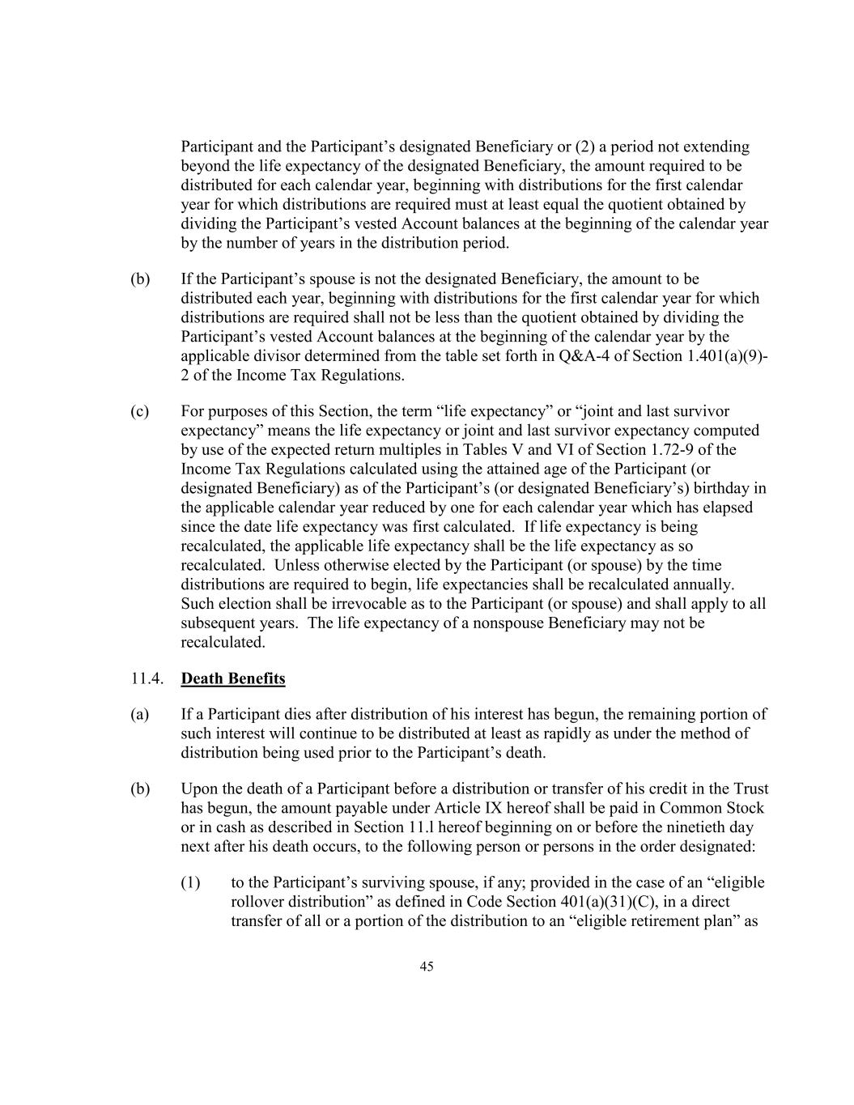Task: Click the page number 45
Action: [427, 966]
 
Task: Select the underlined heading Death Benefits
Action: [233, 678]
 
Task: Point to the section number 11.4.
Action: [147, 678]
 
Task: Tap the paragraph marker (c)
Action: [140, 412]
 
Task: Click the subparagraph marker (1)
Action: [190, 882]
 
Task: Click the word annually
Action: [704, 584]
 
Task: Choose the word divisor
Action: [272, 356]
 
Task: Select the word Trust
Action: [751, 789]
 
